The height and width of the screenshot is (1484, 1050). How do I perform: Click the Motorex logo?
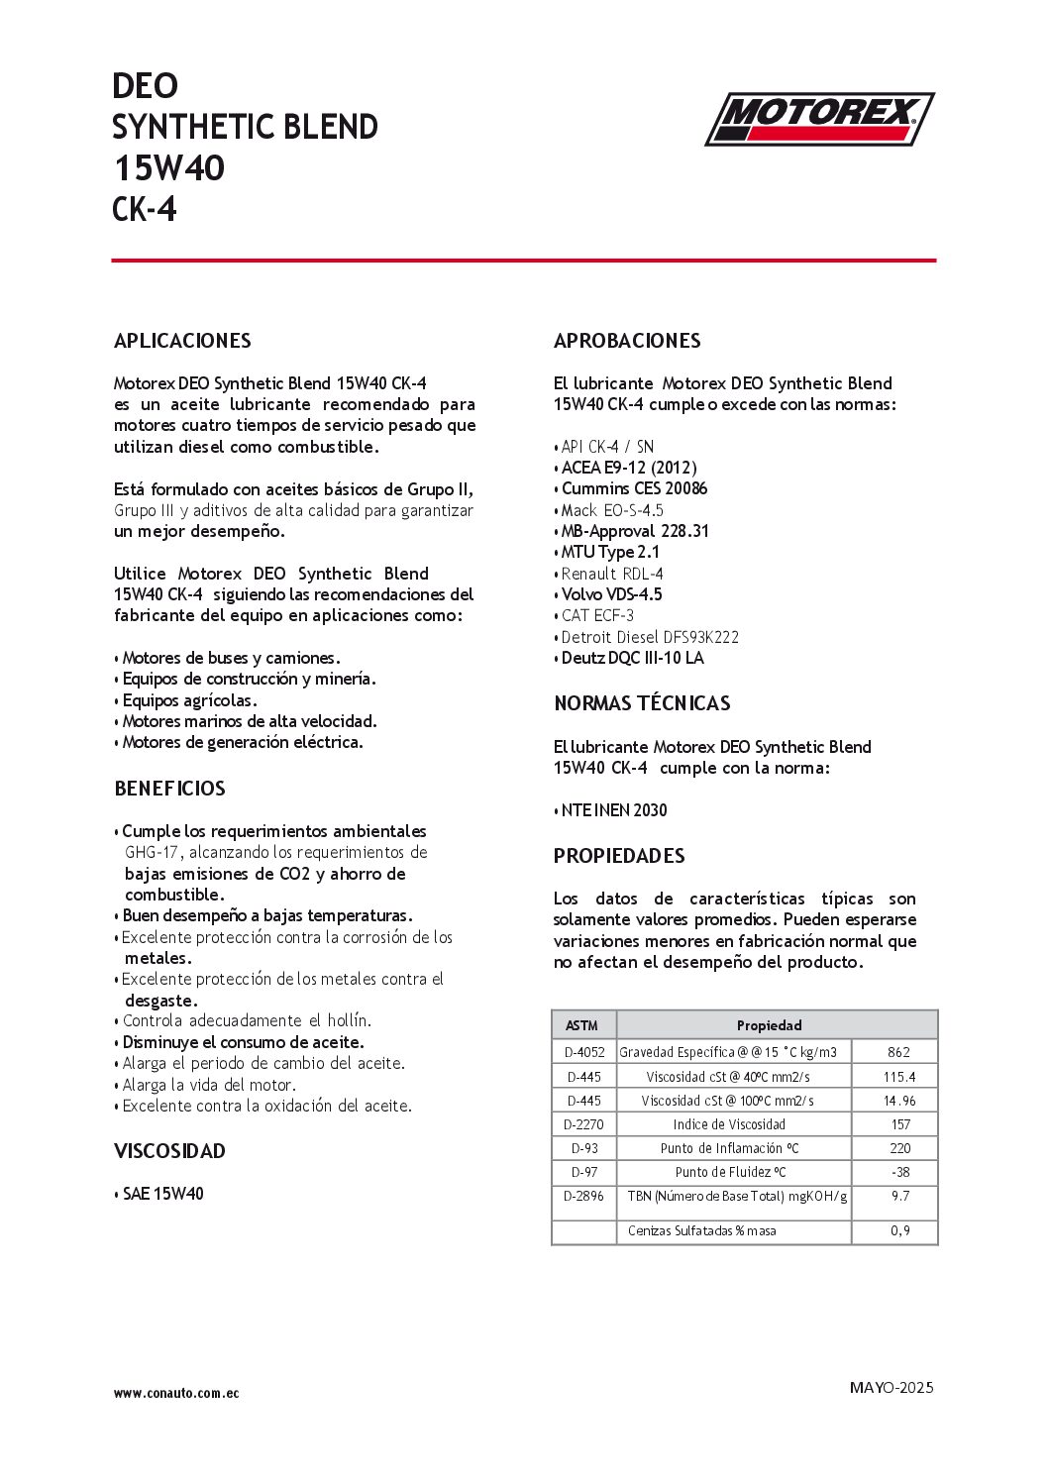pyautogui.click(x=819, y=119)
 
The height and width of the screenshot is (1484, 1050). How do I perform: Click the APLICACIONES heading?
pyautogui.click(x=182, y=341)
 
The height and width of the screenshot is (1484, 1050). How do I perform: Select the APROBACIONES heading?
pyautogui.click(x=627, y=341)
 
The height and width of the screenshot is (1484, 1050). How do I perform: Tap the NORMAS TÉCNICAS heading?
pyautogui.click(x=642, y=703)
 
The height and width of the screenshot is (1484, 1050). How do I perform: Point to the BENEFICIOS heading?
pyautogui.click(x=169, y=789)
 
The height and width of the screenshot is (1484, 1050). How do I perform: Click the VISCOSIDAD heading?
pyautogui.click(x=169, y=1151)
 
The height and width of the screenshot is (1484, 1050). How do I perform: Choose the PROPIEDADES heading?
pyautogui.click(x=619, y=856)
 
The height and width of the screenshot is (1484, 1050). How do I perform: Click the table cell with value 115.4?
pyautogui.click(x=899, y=1077)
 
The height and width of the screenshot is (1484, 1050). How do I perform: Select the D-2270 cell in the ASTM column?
pyautogui.click(x=583, y=1124)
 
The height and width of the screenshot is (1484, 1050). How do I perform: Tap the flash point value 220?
pyautogui.click(x=899, y=1148)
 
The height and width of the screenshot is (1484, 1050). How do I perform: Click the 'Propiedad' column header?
pyautogui.click(x=769, y=1025)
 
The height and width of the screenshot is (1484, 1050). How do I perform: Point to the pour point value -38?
pyautogui.click(x=899, y=1172)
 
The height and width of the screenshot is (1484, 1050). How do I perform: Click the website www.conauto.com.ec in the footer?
pyautogui.click(x=176, y=1393)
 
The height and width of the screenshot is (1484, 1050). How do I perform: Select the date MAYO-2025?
pyautogui.click(x=892, y=1387)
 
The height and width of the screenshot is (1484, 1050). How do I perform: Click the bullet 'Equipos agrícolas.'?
pyautogui.click(x=189, y=700)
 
